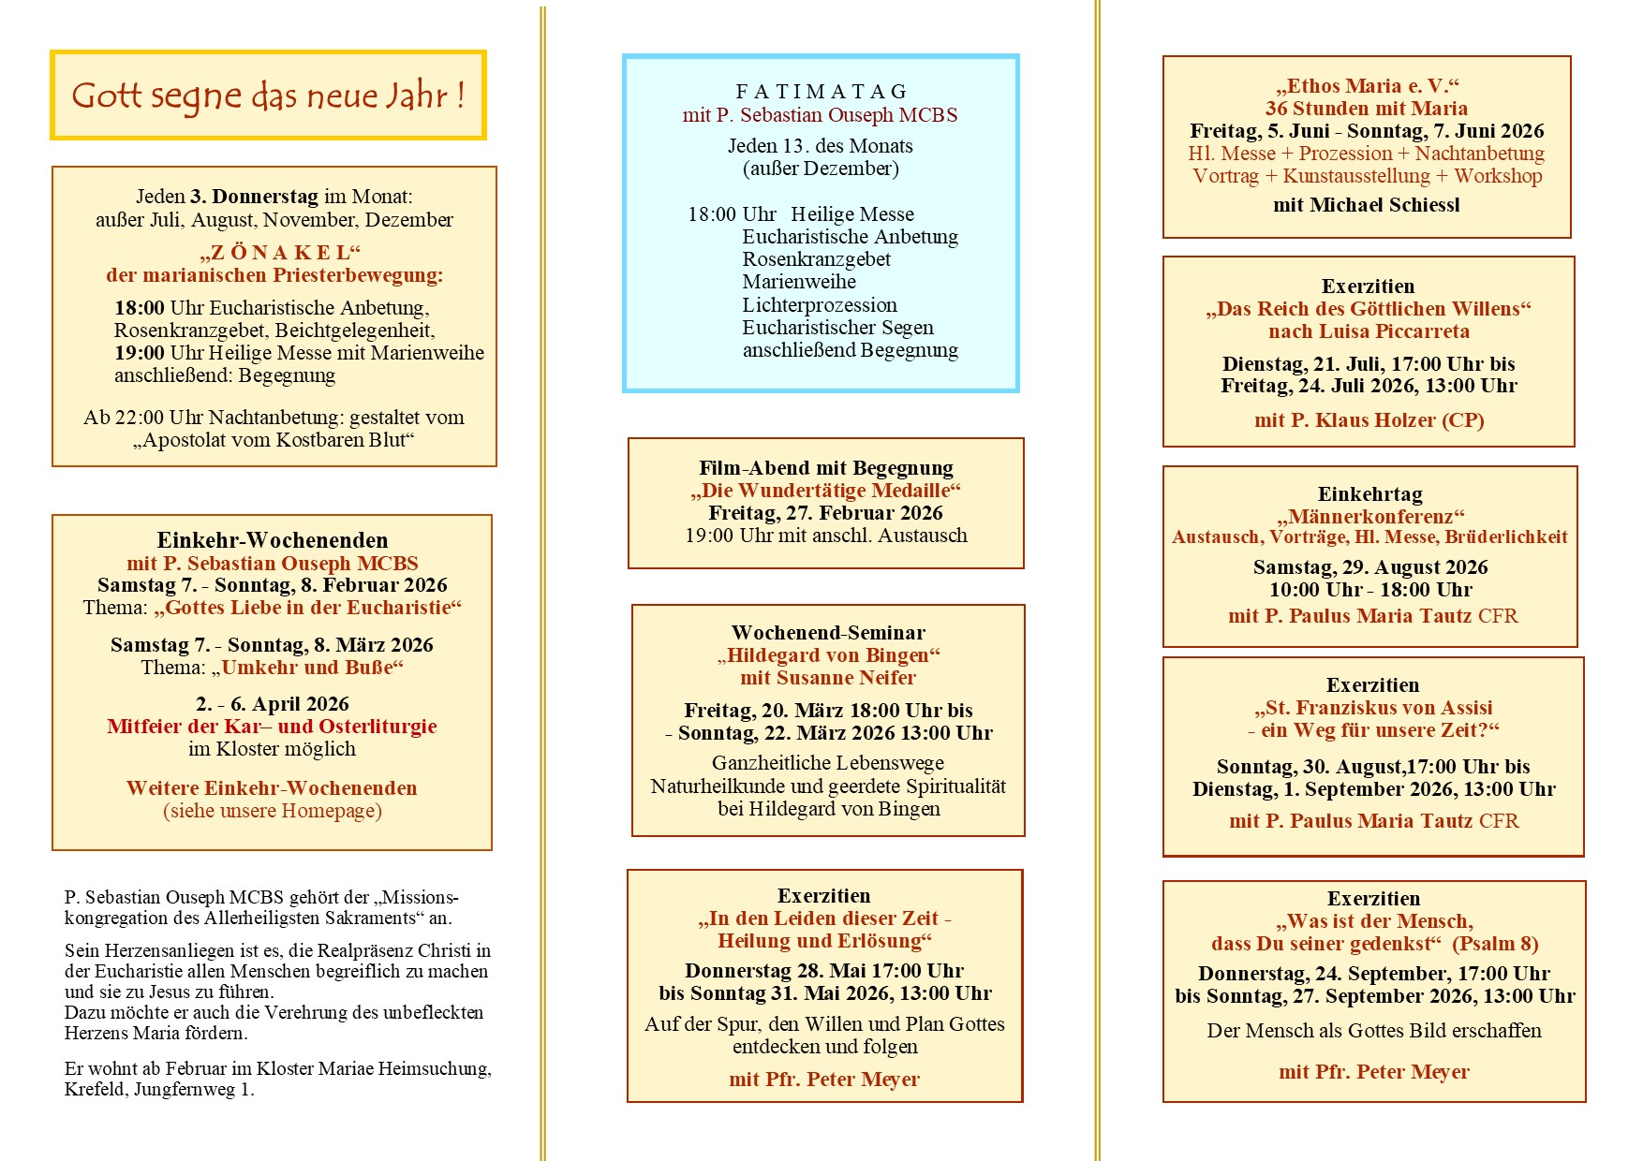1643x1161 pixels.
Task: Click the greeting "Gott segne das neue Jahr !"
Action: [268, 96]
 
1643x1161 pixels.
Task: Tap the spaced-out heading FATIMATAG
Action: [821, 92]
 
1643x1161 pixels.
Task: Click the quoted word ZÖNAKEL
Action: [279, 253]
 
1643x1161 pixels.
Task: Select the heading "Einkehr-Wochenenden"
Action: [272, 540]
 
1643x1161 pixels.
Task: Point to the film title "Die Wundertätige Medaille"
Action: [825, 491]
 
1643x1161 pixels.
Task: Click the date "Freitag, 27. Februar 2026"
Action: [825, 513]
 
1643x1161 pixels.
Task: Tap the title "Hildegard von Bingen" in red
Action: [828, 655]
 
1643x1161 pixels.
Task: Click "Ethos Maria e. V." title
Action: [1367, 86]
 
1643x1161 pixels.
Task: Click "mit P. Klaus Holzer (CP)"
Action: [1369, 420]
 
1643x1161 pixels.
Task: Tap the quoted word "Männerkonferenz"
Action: [1370, 517]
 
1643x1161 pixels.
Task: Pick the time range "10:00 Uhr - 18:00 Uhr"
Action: [1370, 590]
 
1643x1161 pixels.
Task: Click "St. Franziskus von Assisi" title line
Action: [1373, 708]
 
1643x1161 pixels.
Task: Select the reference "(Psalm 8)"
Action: [1495, 944]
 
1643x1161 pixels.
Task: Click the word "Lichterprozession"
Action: [820, 305]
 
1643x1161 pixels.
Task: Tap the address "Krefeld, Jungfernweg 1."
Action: [159, 1089]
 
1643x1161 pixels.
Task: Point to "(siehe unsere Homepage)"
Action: [273, 811]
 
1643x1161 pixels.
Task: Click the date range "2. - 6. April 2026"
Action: [272, 704]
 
